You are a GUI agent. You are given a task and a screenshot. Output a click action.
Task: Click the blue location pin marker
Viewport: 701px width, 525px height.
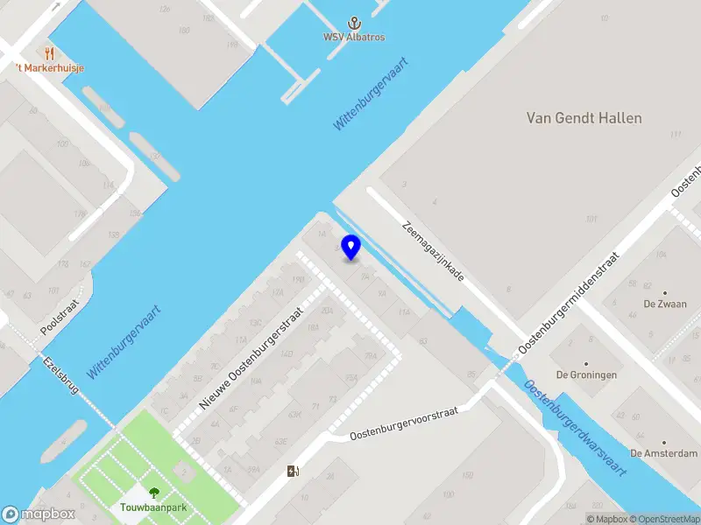coord(351,247)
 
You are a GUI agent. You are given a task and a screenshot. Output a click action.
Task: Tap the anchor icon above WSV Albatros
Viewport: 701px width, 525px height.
coord(355,23)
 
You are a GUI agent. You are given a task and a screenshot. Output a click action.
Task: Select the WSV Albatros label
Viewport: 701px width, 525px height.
coord(355,38)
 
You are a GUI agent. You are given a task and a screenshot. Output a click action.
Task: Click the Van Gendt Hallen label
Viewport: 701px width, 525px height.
coord(584,118)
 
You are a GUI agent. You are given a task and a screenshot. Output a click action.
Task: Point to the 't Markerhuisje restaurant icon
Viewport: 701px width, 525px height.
coord(49,53)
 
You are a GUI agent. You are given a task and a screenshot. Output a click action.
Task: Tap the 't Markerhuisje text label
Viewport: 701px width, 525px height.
coord(49,68)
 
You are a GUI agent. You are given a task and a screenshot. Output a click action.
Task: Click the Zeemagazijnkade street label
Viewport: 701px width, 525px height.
coord(433,249)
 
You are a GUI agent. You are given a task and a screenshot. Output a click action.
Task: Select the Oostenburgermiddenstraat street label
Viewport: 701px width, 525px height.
coord(570,303)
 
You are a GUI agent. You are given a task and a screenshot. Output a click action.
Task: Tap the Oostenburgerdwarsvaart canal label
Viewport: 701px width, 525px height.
coord(575,428)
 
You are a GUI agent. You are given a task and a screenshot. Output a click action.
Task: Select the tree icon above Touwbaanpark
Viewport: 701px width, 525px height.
coord(154,493)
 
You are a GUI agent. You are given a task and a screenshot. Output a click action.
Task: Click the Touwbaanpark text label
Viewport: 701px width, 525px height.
coord(154,507)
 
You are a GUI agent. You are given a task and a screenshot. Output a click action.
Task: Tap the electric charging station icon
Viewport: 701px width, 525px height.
coord(293,472)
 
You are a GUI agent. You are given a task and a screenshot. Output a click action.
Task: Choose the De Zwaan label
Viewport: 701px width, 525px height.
coord(665,304)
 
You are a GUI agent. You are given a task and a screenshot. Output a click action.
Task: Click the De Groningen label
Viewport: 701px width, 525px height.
coord(587,374)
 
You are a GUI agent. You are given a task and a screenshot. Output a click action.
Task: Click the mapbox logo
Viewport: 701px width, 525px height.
coord(39,514)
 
